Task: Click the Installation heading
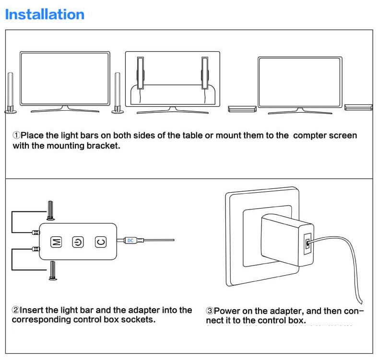click(x=45, y=14)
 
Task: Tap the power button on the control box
click(x=78, y=242)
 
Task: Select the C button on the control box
click(x=100, y=242)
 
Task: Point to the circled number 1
click(x=16, y=136)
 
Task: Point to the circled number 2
click(x=15, y=310)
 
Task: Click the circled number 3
click(x=210, y=311)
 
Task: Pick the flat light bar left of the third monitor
click(x=242, y=108)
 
